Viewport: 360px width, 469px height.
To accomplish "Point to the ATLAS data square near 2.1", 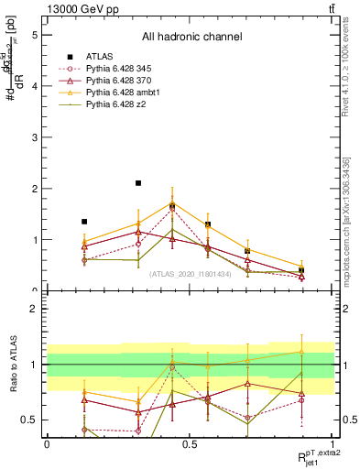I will (x=138, y=183).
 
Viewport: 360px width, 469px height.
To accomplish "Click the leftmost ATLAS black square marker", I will (x=84, y=222).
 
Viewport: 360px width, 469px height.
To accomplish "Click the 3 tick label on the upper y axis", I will (x=34, y=137).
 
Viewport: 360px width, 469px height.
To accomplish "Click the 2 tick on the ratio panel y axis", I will (x=34, y=309).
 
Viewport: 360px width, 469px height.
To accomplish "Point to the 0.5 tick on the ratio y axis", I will (x=31, y=420).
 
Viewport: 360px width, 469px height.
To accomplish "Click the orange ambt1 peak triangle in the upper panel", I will (x=172, y=203).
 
